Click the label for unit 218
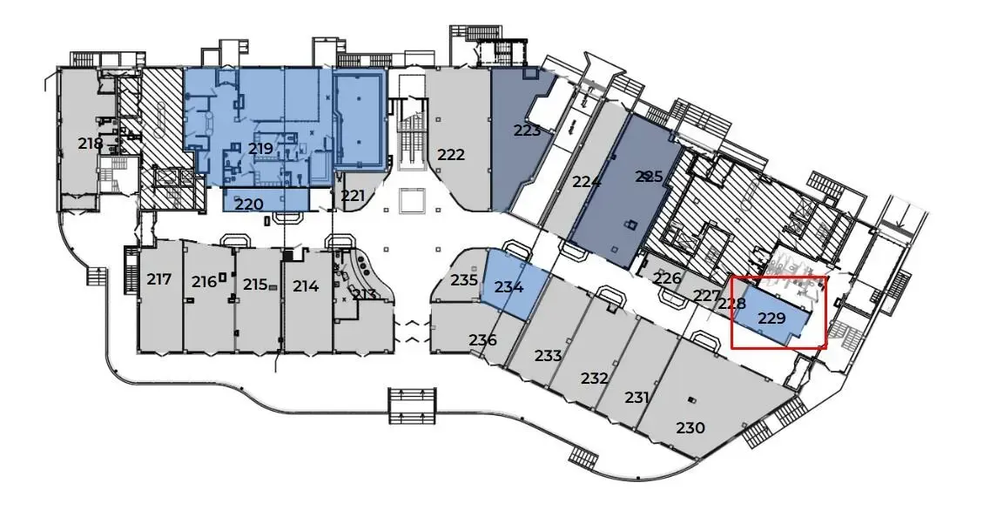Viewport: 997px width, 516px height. click(91, 144)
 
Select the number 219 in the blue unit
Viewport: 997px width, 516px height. click(260, 149)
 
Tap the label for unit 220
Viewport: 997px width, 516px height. click(249, 204)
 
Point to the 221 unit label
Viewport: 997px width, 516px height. click(353, 196)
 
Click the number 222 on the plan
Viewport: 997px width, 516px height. click(451, 155)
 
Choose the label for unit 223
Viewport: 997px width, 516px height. click(527, 131)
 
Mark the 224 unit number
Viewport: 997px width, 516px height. click(587, 182)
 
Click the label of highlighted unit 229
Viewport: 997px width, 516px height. click(771, 318)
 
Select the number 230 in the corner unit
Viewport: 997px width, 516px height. click(690, 428)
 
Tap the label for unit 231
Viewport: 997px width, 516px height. click(637, 398)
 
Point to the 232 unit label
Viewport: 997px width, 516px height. click(594, 379)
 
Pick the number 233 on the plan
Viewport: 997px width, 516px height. click(549, 356)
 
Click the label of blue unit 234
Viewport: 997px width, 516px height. click(509, 287)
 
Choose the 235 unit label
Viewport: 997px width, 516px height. click(465, 280)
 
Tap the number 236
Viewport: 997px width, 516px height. click(482, 340)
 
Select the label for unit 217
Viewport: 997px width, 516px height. click(159, 279)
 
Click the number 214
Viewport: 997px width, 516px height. click(306, 285)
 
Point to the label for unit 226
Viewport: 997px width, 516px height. click(667, 278)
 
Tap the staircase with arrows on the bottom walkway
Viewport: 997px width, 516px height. click(412, 405)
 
